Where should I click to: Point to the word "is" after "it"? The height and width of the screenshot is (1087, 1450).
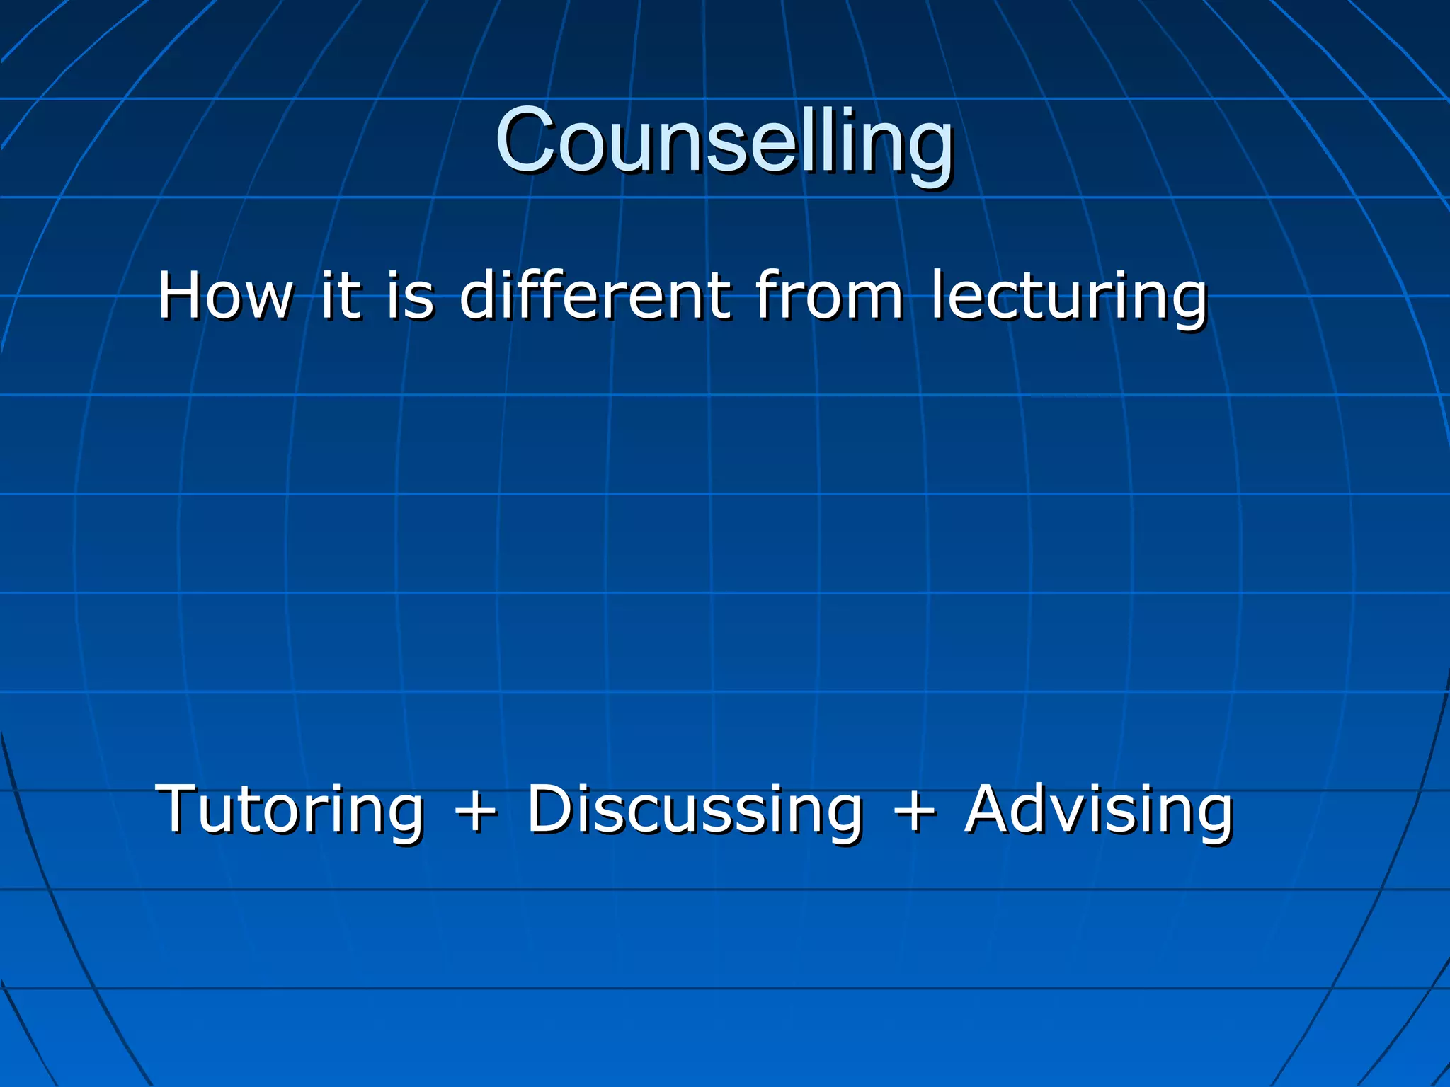pos(411,296)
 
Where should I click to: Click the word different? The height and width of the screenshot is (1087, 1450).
pos(595,296)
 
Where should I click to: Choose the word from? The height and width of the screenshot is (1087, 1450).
pos(829,296)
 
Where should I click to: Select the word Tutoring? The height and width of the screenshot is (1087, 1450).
pos(290,810)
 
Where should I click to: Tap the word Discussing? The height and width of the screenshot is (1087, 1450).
pos(695,810)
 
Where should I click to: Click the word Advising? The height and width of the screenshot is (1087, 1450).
pos(1100,810)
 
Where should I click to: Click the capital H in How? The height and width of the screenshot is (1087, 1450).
pos(182,296)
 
